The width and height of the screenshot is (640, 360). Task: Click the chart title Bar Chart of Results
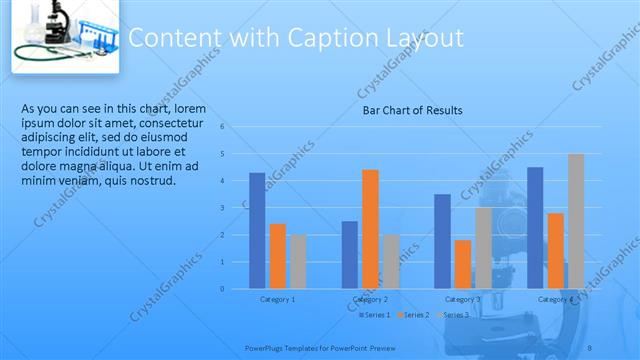412,110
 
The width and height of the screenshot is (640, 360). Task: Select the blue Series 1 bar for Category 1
257,230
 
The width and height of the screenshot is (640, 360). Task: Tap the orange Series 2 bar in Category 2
370,229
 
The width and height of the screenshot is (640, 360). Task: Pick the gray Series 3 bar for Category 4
576,221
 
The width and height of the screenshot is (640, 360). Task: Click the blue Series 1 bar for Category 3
442,241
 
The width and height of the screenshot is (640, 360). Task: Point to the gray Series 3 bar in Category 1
298,261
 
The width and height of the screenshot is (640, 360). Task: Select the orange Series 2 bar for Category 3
463,264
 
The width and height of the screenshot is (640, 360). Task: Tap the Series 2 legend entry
414,315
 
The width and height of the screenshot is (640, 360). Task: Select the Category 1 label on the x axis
277,299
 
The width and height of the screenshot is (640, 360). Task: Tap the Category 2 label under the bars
370,299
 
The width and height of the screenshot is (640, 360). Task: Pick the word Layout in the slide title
425,38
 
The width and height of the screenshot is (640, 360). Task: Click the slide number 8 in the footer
589,346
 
